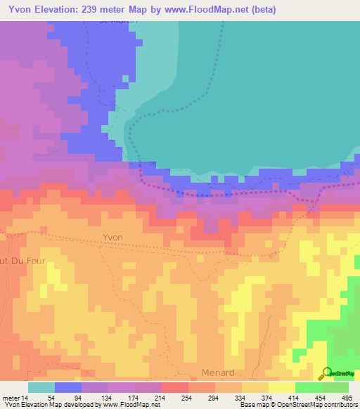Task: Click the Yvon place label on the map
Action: pyautogui.click(x=112, y=238)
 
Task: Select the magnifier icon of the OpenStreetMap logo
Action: pyautogui.click(x=325, y=373)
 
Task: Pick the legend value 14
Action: pyautogui.click(x=25, y=397)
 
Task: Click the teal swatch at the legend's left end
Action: pyautogui.click(x=41, y=387)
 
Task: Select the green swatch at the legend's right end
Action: pyautogui.click(x=335, y=387)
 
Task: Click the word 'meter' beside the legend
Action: pyautogui.click(x=11, y=397)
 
